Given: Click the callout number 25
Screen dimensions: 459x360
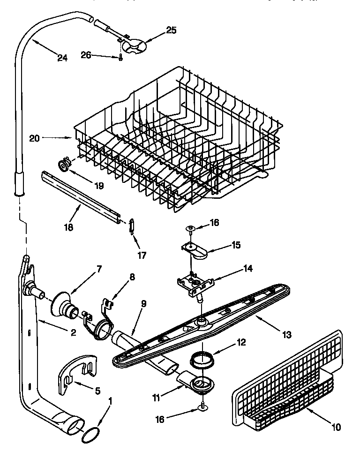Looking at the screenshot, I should point(171,31).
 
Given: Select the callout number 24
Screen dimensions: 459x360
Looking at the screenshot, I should point(62,58).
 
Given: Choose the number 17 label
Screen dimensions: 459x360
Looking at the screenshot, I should point(141,256).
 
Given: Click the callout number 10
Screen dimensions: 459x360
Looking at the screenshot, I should point(337,427).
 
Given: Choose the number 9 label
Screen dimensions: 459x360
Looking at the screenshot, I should point(143,304).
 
